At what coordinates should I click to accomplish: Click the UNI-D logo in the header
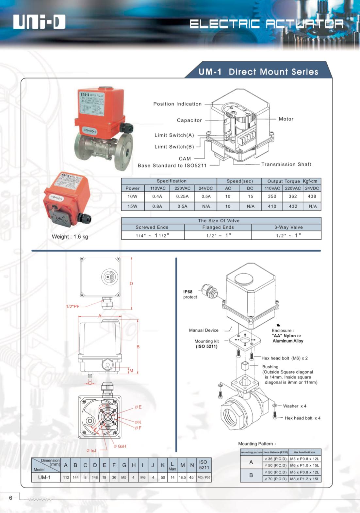[39, 22]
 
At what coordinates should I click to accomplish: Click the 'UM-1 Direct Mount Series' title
[258, 72]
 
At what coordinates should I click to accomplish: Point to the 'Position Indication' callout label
[177, 104]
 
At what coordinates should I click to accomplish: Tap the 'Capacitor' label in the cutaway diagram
[189, 120]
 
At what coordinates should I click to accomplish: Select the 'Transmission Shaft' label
[286, 164]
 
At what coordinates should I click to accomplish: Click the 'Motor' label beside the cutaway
[286, 119]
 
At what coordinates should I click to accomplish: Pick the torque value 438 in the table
[312, 196]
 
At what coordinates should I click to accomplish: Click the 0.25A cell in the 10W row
[182, 196]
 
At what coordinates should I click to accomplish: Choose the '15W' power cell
[132, 206]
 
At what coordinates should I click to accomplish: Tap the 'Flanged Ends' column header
[218, 227]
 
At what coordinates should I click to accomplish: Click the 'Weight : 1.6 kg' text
[70, 236]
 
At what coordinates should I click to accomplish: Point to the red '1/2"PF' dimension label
[73, 306]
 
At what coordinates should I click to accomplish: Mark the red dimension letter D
[131, 283]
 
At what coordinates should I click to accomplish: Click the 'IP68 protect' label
[190, 294]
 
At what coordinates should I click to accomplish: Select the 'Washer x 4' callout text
[295, 406]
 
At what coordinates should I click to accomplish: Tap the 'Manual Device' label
[204, 330]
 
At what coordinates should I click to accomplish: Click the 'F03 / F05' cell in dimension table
[204, 477]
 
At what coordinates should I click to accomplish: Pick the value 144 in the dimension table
[75, 477]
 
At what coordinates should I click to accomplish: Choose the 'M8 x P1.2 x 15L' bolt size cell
[304, 479]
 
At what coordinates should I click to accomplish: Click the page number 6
[10, 498]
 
